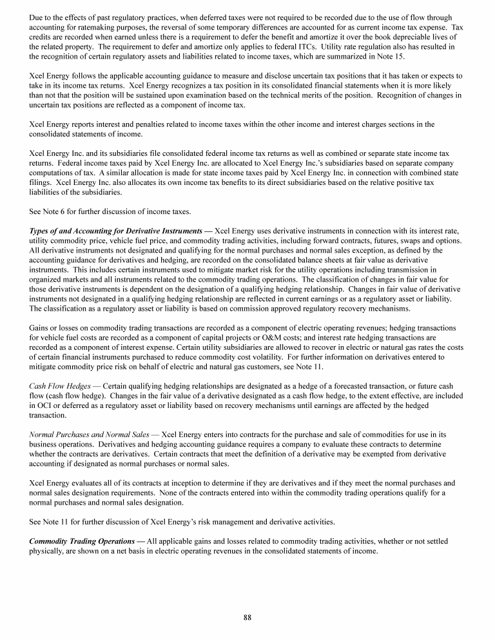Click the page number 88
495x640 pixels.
247,618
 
